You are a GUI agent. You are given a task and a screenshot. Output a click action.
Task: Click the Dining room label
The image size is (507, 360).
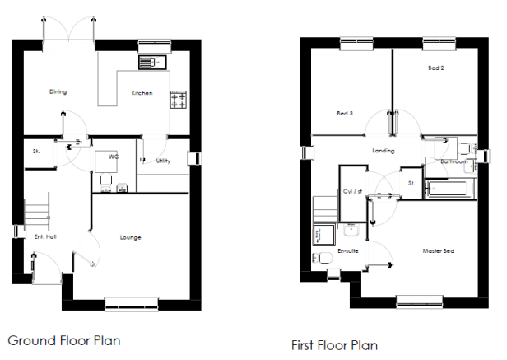[58, 91]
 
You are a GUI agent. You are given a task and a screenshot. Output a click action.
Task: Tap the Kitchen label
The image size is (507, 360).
[142, 93]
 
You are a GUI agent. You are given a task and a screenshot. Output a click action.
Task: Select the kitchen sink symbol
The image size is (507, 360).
[152, 62]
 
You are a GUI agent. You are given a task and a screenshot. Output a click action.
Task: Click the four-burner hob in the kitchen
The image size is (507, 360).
[178, 100]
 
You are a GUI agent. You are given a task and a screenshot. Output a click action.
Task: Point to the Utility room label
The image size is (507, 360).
[163, 161]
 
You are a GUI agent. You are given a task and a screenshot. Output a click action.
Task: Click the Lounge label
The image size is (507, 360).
[130, 237]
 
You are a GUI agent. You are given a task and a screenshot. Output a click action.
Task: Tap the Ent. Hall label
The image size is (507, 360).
[45, 236]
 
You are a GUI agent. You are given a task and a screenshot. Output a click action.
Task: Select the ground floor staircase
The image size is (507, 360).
[37, 212]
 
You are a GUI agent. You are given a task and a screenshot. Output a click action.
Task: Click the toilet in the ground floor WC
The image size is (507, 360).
[106, 183]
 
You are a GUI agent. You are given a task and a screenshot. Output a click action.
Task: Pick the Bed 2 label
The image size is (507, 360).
[436, 68]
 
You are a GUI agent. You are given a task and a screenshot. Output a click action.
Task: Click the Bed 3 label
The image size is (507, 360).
[345, 114]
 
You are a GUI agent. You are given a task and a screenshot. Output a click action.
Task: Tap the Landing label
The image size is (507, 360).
[384, 151]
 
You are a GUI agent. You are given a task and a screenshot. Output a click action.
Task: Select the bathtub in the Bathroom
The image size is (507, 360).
[449, 188]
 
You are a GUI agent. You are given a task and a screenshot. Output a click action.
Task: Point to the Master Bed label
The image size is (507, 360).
[438, 251]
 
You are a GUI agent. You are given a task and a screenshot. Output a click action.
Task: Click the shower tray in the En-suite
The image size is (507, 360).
[323, 234]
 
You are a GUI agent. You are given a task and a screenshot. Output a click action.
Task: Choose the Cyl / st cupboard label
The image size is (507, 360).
[352, 191]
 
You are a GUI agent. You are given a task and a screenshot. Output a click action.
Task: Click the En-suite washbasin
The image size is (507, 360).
[351, 230]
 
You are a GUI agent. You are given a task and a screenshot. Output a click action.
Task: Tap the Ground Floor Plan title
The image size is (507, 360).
[64, 340]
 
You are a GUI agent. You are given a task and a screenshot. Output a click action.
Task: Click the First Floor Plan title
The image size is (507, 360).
[334, 345]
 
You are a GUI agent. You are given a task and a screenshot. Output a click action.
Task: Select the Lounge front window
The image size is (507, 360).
[132, 304]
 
